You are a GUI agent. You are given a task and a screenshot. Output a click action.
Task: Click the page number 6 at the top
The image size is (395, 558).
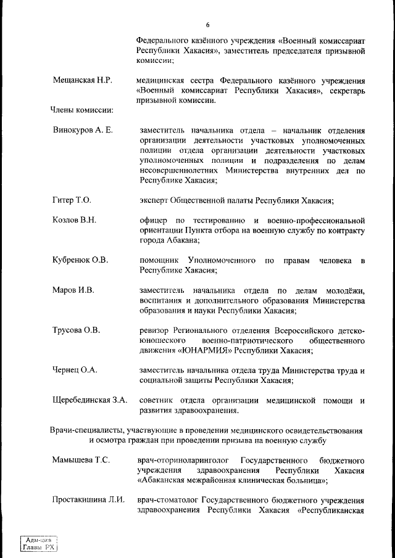(x=208, y=25)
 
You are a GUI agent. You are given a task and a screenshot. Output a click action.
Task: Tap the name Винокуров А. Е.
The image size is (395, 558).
(x=83, y=131)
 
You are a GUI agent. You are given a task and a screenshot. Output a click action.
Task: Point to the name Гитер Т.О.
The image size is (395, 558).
(x=72, y=200)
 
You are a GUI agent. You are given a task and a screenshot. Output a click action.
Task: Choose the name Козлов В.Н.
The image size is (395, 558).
(x=74, y=220)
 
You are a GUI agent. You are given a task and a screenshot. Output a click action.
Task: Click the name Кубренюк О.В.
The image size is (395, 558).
(x=80, y=260)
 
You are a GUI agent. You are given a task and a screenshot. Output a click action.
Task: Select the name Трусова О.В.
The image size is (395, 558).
(x=76, y=330)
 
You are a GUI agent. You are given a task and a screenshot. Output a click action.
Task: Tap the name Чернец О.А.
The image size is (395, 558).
(x=75, y=370)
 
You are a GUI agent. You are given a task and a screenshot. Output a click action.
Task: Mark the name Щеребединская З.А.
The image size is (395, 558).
(x=90, y=400)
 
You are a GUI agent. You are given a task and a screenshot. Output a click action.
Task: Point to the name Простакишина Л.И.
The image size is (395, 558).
(x=88, y=500)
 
